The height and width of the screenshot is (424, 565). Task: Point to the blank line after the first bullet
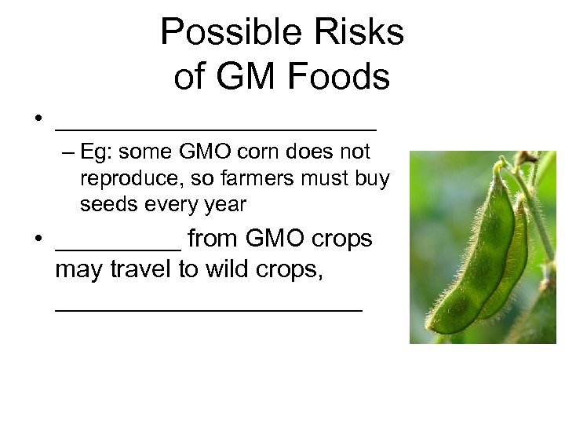tap(216, 127)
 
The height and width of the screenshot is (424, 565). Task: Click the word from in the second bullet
tap(214, 239)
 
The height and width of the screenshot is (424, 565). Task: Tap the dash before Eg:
tap(68, 152)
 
